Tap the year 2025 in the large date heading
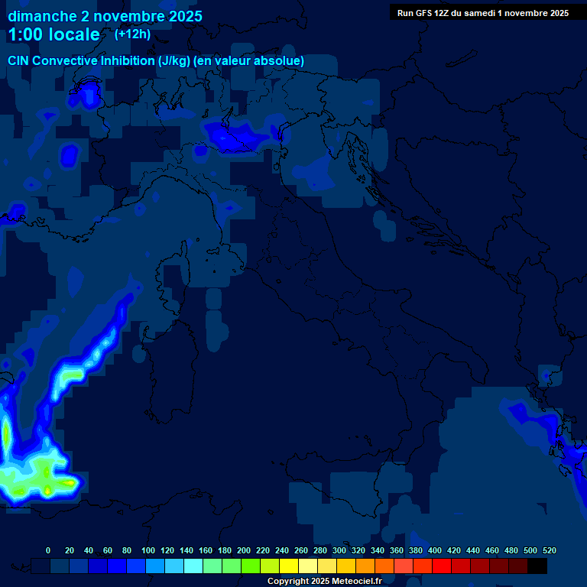182,16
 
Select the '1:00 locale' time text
54,34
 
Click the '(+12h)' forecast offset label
132,34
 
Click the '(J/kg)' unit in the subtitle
173,60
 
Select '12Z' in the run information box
446,13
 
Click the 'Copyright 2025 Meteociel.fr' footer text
324,582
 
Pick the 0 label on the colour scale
48,550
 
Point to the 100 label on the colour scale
148,550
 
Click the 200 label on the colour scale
244,550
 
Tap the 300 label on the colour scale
339,550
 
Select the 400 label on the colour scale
435,550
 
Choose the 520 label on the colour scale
549,550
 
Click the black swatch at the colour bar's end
537,566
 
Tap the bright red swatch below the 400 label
442,566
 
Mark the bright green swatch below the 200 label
251,566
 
